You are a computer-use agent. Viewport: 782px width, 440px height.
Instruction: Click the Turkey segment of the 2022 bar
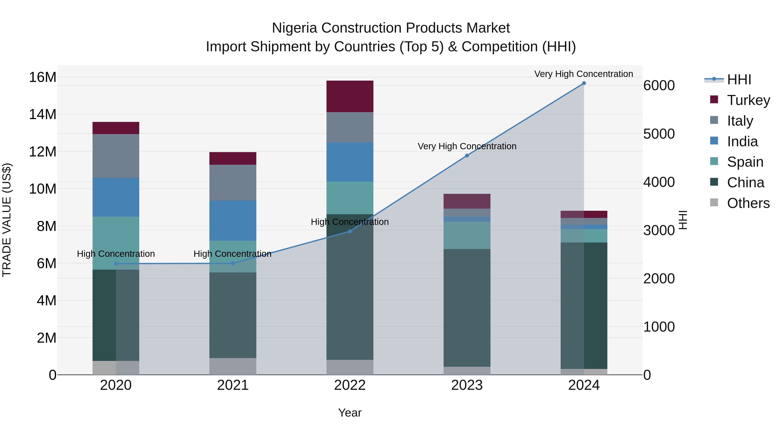coord(350,96)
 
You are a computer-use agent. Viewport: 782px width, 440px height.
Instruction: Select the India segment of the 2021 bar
coord(233,221)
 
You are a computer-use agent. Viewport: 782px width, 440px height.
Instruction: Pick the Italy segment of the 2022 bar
coord(350,127)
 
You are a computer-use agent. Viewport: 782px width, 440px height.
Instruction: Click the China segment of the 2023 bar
coord(467,308)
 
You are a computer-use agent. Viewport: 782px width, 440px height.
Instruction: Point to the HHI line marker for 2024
coord(584,83)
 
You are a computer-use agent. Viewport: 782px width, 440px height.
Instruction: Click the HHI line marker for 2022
coord(350,231)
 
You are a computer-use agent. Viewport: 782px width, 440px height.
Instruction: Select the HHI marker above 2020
coord(116,264)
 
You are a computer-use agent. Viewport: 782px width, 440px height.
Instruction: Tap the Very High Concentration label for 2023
coord(467,146)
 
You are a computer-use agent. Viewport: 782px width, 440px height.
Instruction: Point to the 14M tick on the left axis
coord(43,115)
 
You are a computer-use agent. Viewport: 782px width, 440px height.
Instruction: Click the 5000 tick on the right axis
coord(659,134)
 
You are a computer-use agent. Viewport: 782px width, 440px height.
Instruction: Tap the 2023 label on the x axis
coord(467,385)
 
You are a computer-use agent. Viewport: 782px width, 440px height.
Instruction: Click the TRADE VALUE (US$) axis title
coord(7,220)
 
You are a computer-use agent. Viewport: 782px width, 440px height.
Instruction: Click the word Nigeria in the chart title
coord(295,28)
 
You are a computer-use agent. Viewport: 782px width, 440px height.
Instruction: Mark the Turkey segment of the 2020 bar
coord(116,128)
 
